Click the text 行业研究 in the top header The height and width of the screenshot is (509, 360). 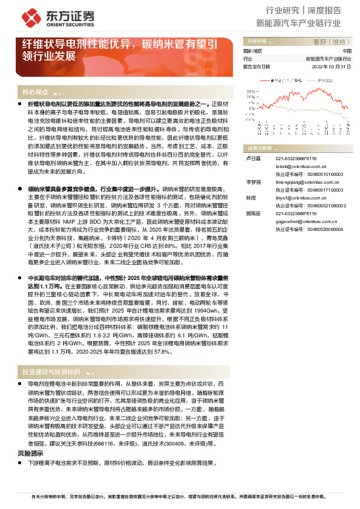283,10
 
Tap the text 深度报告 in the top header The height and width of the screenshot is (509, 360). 325,10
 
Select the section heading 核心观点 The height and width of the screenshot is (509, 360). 34,92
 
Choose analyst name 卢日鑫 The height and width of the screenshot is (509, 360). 250,158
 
